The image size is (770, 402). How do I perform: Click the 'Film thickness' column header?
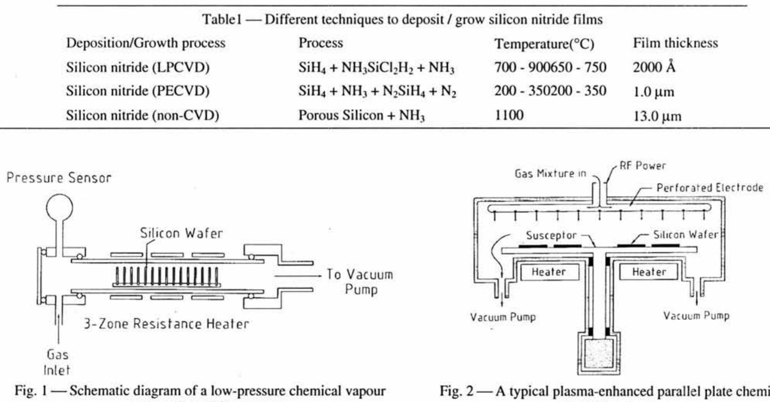click(675, 43)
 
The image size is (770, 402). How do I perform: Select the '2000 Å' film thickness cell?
click(654, 67)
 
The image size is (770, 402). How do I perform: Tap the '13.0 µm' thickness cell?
click(657, 116)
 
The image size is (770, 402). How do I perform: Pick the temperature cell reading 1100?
click(509, 115)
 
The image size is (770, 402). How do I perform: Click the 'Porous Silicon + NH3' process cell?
click(361, 115)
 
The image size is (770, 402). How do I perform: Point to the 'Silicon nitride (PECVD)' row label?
click(137, 91)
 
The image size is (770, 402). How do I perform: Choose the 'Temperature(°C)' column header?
click(544, 44)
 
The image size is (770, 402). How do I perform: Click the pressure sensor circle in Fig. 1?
click(59, 207)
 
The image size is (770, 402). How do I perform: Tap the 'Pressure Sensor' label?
click(59, 178)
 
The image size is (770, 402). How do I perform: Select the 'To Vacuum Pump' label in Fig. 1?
click(359, 282)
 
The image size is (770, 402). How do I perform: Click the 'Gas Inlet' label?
click(57, 362)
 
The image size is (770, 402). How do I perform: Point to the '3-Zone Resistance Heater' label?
click(167, 324)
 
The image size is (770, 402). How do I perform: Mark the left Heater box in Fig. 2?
click(549, 272)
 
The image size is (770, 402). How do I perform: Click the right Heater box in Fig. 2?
click(649, 272)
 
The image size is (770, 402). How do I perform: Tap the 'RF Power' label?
click(642, 166)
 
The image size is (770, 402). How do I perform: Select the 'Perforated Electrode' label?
click(709, 188)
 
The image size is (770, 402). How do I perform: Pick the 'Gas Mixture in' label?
click(550, 174)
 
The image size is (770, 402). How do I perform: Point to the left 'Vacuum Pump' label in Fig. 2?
click(503, 317)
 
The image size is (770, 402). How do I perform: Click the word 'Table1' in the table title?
click(222, 19)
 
